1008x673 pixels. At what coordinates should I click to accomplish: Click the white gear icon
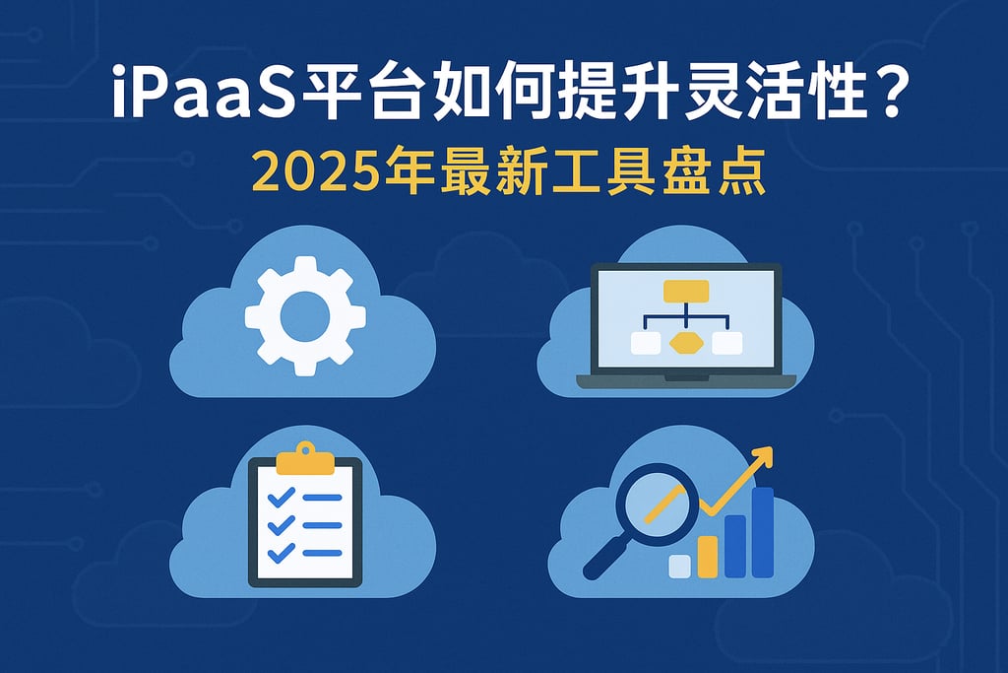point(304,316)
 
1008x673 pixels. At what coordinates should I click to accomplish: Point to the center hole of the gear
point(304,316)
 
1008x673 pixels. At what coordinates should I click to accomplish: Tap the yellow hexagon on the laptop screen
point(685,342)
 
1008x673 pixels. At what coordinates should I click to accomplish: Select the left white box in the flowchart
point(646,342)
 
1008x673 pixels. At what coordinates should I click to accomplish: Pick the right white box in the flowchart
point(725,342)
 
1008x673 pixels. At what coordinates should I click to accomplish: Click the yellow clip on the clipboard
point(304,458)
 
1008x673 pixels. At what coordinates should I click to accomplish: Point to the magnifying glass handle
point(600,561)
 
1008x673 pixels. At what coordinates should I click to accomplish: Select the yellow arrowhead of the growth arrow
point(762,458)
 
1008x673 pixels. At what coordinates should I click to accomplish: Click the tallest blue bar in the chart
point(763,532)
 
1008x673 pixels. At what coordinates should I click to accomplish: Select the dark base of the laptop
point(685,380)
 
